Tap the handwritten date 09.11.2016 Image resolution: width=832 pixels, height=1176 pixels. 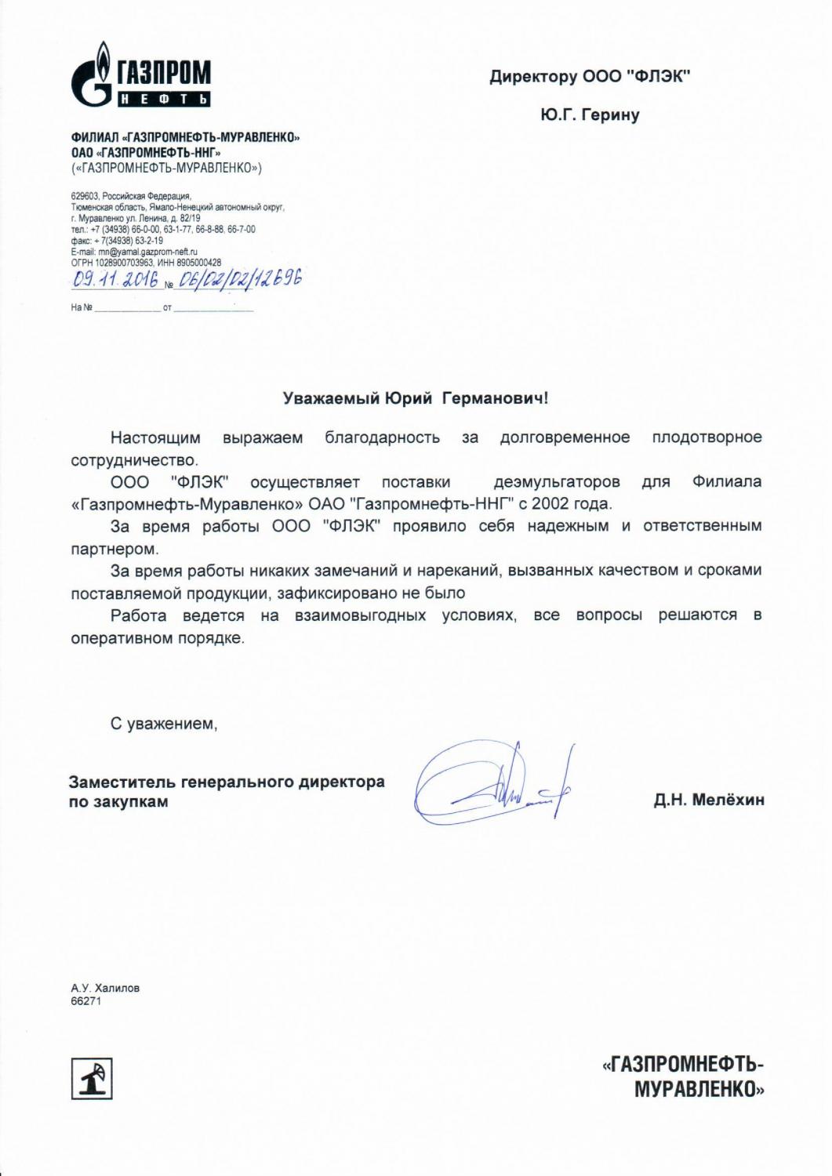pyautogui.click(x=114, y=281)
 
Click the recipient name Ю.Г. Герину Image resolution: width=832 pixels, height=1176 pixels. pyautogui.click(x=589, y=115)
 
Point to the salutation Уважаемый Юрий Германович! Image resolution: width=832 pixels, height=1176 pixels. pyautogui.click(x=416, y=398)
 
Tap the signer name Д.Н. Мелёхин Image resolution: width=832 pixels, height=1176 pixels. pyautogui.click(x=709, y=800)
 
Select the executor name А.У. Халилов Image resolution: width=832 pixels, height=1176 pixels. pyautogui.click(x=105, y=988)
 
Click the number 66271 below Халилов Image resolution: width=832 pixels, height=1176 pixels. pyautogui.click(x=86, y=1001)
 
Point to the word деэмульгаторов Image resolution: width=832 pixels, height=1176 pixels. pyautogui.click(x=557, y=481)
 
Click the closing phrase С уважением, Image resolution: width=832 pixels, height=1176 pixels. pyautogui.click(x=164, y=724)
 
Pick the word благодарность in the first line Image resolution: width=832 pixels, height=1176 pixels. pyautogui.click(x=383, y=437)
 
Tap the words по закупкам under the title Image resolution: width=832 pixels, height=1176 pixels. pyautogui.click(x=118, y=802)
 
